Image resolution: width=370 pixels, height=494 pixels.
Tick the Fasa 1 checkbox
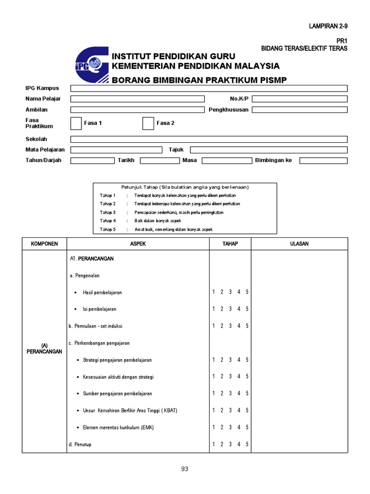(76, 123)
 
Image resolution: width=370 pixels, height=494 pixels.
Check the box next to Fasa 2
(148, 123)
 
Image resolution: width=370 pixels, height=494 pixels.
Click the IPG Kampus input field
(209, 88)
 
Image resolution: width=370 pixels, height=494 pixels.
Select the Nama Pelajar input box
(137, 99)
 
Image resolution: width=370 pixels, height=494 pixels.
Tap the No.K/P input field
(299, 99)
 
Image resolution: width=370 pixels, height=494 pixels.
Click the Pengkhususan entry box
(299, 110)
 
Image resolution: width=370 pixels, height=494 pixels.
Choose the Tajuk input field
(269, 150)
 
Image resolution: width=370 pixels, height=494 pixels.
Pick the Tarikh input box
(159, 161)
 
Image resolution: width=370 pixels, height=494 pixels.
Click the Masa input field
(226, 161)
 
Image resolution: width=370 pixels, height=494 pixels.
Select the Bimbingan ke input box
(323, 161)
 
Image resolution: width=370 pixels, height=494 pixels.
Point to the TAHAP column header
(230, 244)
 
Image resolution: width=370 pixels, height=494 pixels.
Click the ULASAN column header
(299, 244)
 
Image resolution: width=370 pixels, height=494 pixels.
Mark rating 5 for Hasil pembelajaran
(247, 292)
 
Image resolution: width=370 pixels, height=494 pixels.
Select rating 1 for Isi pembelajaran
(213, 309)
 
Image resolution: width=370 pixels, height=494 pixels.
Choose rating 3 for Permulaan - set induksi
(230, 326)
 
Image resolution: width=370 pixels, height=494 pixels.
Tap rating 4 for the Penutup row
(238, 444)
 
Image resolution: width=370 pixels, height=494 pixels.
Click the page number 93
(185, 468)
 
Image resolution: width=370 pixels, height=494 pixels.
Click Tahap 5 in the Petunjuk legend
(108, 230)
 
